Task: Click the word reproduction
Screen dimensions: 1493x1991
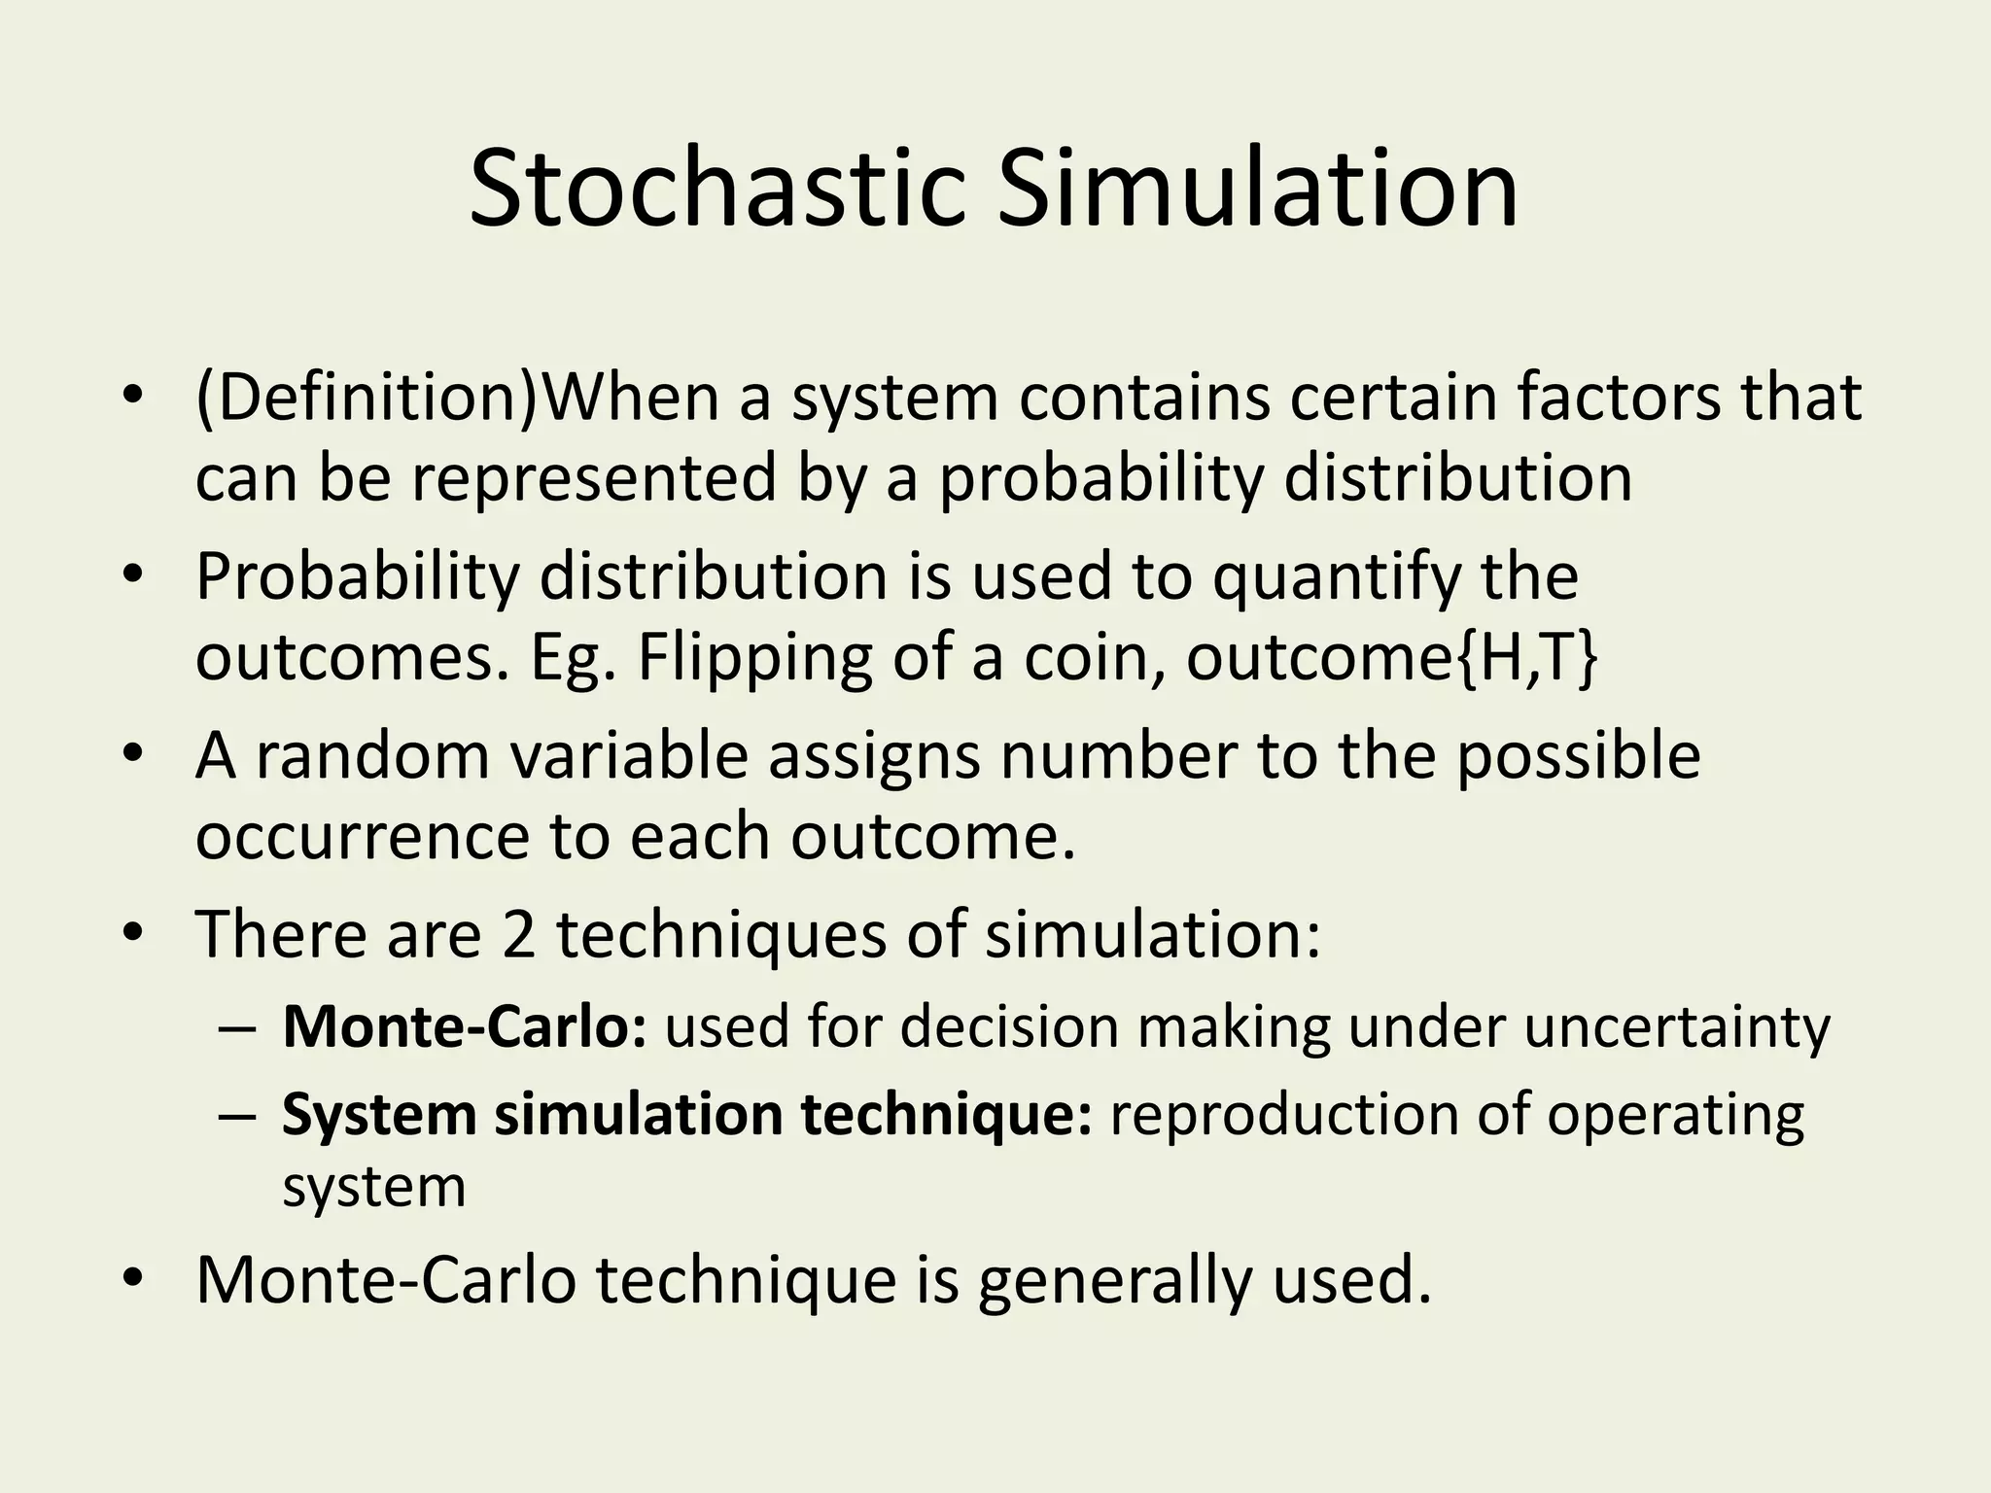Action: tap(1284, 1116)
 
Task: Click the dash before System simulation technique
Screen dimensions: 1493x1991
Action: tap(236, 1116)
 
